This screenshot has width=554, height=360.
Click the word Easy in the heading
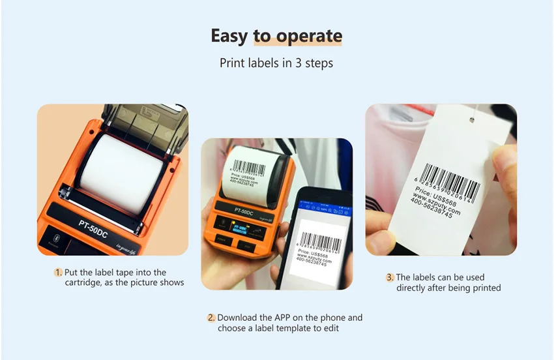point(229,36)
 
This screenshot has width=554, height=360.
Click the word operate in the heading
point(309,36)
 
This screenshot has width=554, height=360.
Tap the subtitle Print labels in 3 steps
point(276,64)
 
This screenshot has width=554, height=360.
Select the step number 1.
point(59,273)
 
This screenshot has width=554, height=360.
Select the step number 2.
point(211,318)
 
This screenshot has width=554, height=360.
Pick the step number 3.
point(390,277)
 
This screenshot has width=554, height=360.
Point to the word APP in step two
point(293,318)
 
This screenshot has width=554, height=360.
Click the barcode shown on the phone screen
point(319,240)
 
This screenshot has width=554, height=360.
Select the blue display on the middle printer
point(238,228)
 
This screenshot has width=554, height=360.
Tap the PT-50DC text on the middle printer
point(244,211)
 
